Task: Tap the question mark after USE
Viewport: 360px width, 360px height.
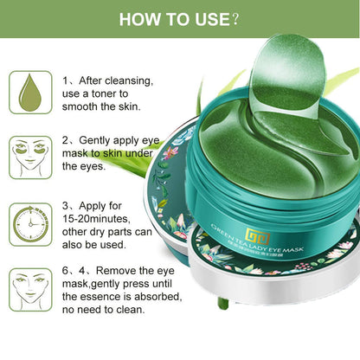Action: point(235,19)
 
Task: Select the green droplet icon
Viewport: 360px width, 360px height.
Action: point(30,93)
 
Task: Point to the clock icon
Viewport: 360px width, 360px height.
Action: point(30,222)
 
